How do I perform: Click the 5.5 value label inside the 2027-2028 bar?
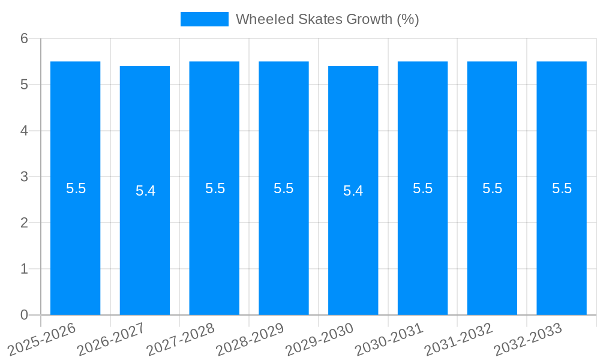tap(215, 188)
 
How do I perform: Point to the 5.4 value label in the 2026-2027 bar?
tap(145, 191)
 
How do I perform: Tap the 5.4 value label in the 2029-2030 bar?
tap(353, 191)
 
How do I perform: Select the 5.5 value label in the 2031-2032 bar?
tap(492, 188)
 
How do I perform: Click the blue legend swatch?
tap(204, 19)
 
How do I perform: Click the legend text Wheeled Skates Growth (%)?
tap(327, 19)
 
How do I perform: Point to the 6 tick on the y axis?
tap(24, 38)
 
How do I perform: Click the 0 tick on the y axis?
tap(24, 315)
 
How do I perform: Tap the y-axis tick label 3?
tap(24, 177)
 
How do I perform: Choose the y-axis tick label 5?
tap(24, 85)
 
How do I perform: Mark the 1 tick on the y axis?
tap(24, 269)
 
